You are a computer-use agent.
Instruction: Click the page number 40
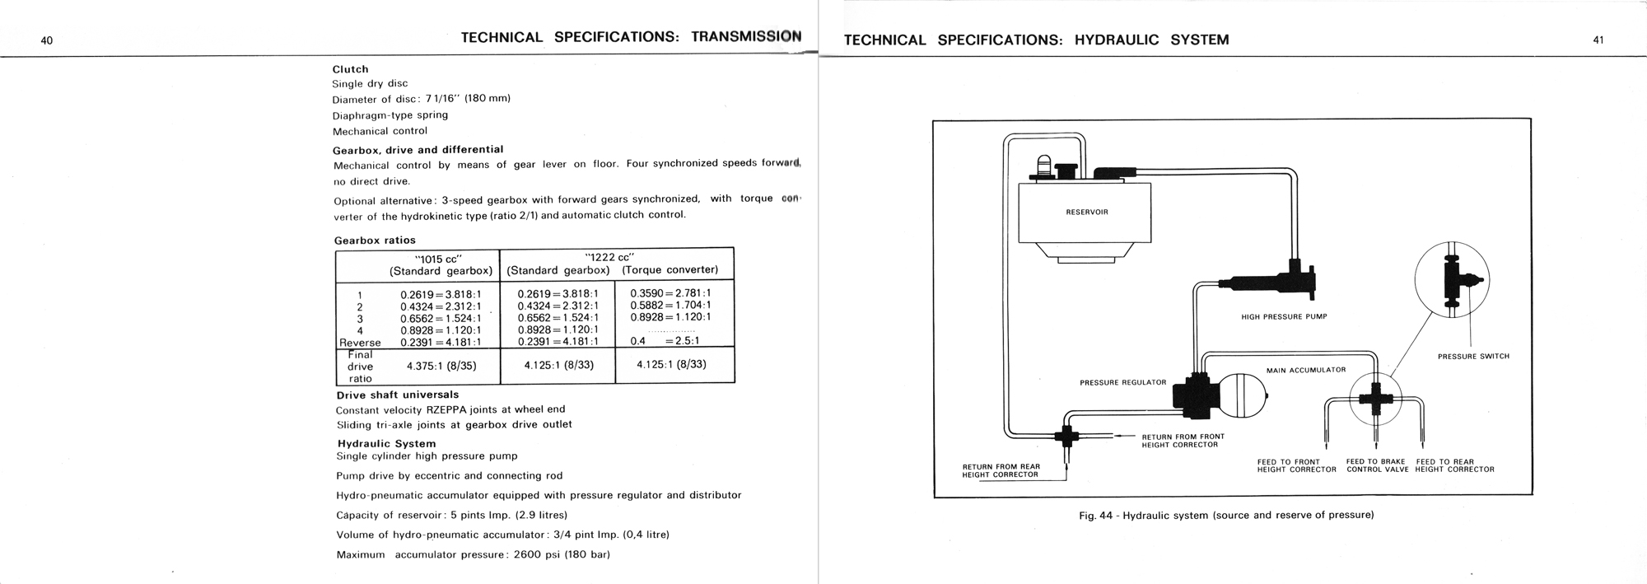point(46,40)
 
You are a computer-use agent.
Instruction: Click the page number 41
point(1598,40)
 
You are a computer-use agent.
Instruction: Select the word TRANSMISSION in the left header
point(746,37)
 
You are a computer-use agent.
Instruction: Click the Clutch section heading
point(350,69)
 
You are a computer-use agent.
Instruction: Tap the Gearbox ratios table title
point(375,241)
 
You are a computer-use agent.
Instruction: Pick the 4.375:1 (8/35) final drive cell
point(441,366)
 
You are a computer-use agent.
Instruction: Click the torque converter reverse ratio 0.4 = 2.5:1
point(664,340)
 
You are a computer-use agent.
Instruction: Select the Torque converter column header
point(670,270)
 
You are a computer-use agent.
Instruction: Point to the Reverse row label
point(360,343)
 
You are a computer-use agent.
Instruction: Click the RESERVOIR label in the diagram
point(1086,213)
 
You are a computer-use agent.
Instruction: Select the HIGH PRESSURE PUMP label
point(1284,316)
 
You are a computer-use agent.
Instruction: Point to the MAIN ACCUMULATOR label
point(1305,370)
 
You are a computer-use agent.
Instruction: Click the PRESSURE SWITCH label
point(1473,357)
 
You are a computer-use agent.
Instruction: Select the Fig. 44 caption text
point(1226,516)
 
